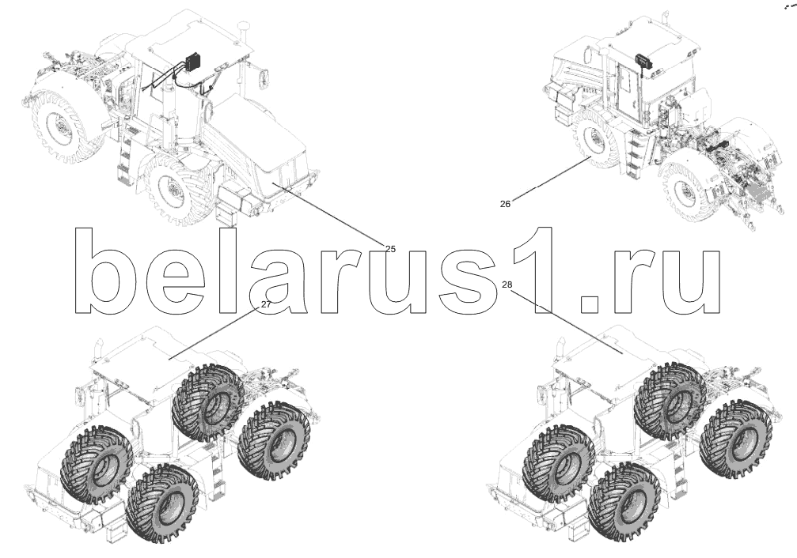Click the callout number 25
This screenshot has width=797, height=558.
point(389,249)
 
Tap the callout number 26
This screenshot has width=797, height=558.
point(505,203)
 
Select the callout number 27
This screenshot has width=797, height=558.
point(266,304)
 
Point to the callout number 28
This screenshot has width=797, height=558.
point(507,285)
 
